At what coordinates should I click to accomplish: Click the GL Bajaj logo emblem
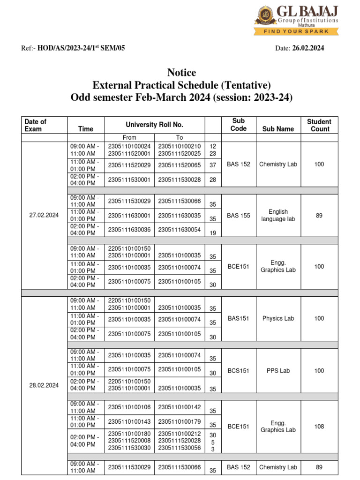point(265,16)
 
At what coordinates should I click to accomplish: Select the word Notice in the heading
point(181,73)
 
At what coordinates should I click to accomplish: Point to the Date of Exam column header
point(36,125)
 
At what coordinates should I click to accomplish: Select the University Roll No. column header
point(155,125)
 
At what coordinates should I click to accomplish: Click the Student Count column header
point(319,125)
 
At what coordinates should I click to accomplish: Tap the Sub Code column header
point(239,125)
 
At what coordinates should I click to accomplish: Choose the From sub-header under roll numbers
point(129,137)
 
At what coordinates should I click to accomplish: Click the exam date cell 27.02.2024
point(44,215)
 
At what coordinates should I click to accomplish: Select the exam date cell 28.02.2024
point(44,385)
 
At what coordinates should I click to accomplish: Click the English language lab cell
point(278,215)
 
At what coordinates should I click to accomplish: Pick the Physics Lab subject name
point(278,318)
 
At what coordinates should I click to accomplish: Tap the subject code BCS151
point(239,370)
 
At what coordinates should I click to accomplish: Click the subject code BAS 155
point(239,215)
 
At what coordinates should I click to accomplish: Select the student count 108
point(319,427)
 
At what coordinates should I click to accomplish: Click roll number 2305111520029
point(129,165)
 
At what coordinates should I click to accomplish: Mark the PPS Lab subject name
point(278,370)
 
